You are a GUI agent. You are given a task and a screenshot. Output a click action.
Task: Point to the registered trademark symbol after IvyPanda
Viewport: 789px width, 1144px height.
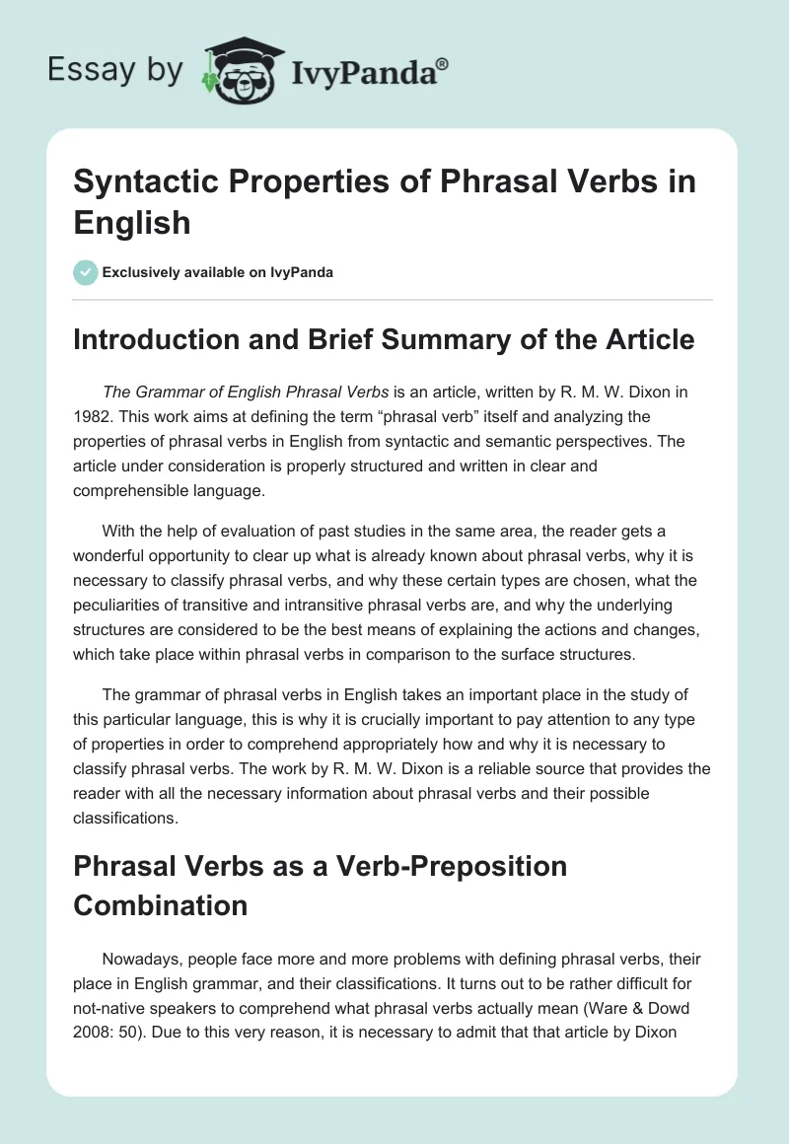tap(443, 63)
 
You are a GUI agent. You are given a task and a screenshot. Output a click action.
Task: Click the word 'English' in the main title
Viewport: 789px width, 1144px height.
tap(132, 222)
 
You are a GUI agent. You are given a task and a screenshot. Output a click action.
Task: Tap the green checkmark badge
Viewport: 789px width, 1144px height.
tap(86, 272)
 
